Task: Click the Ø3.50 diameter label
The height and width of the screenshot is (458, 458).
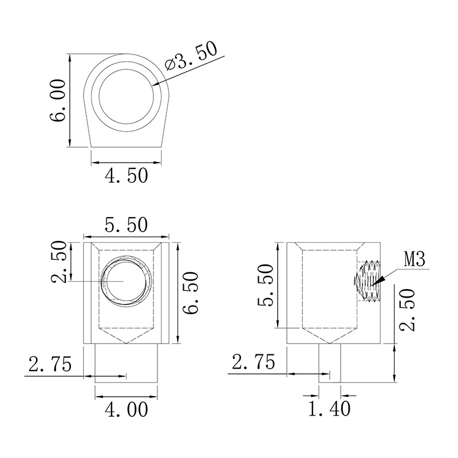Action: pos(191,56)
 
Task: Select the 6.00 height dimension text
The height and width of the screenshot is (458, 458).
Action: pos(58,100)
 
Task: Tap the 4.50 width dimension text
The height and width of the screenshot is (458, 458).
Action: pos(127,176)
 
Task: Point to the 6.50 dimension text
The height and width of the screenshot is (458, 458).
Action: pos(191,293)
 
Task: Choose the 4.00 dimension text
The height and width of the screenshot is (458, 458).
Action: pos(127,409)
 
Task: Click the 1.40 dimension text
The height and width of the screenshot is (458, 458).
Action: pos(329,409)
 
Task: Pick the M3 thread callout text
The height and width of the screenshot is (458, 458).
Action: pos(414,259)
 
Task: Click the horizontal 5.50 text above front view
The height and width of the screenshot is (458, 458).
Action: pos(127,225)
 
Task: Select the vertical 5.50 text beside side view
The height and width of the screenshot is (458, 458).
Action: pos(265,285)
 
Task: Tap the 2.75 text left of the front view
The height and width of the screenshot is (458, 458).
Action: pos(50,364)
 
